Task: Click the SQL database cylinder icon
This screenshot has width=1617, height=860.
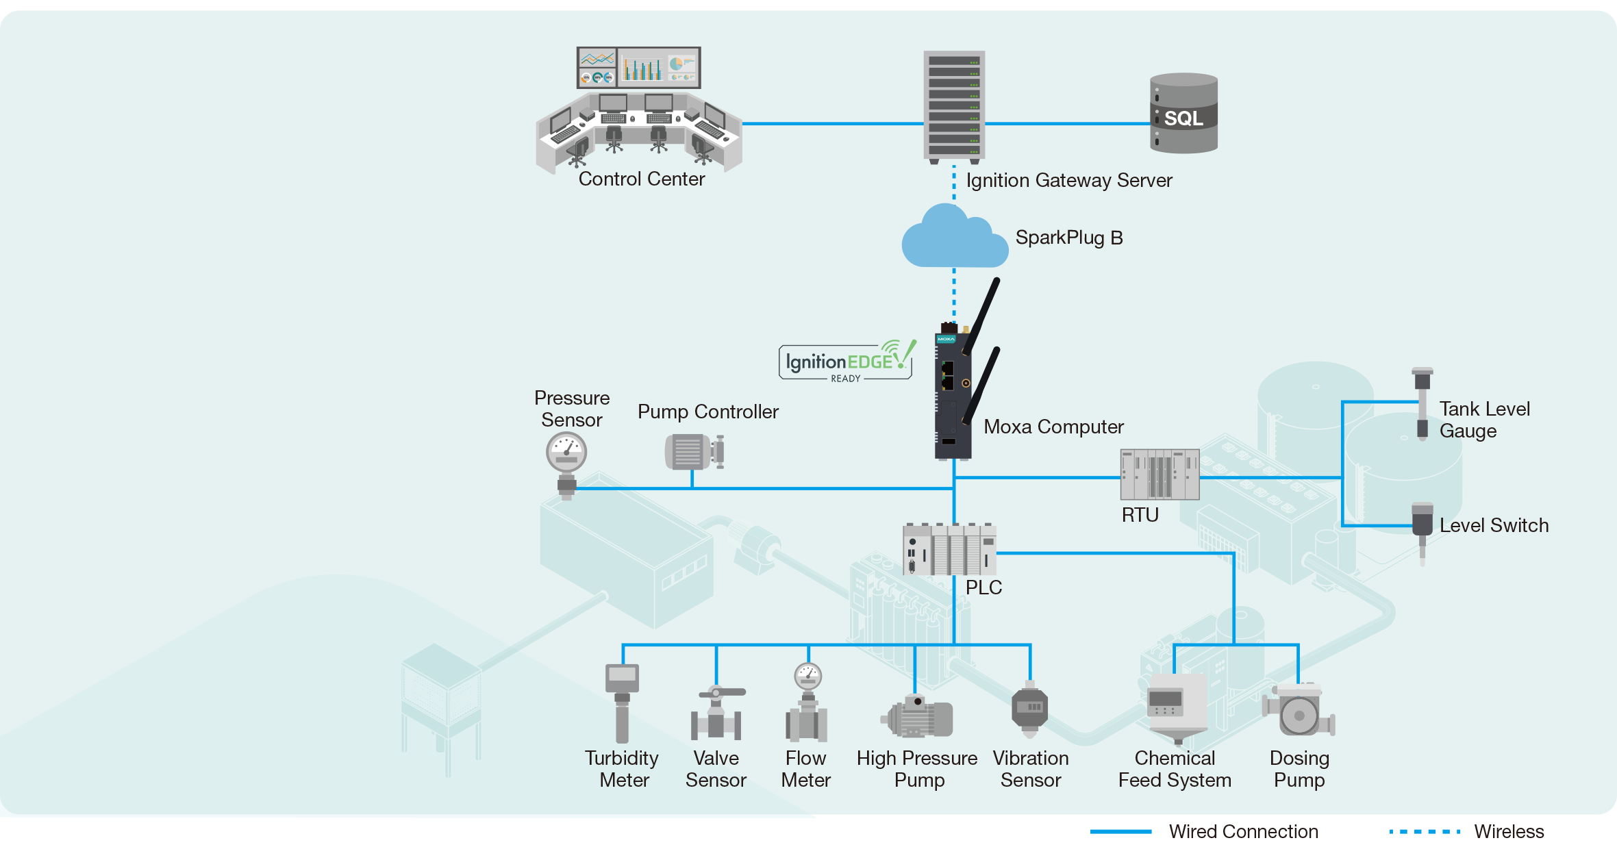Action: click(1183, 114)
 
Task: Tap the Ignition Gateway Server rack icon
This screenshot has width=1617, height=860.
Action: click(954, 106)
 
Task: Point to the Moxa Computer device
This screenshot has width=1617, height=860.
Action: click(953, 394)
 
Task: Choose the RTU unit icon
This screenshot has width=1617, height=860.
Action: click(1160, 475)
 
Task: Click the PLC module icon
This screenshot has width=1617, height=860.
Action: click(949, 549)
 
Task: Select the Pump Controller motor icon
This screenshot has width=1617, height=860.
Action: click(694, 452)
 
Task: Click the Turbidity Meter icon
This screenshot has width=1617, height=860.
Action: click(622, 702)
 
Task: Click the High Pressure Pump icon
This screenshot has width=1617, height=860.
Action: click(917, 716)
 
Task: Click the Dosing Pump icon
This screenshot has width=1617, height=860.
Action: click(1299, 711)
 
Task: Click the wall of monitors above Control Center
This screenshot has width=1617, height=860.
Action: click(638, 68)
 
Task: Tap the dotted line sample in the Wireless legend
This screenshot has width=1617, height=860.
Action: click(1425, 832)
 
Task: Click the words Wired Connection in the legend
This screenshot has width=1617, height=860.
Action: click(1243, 832)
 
